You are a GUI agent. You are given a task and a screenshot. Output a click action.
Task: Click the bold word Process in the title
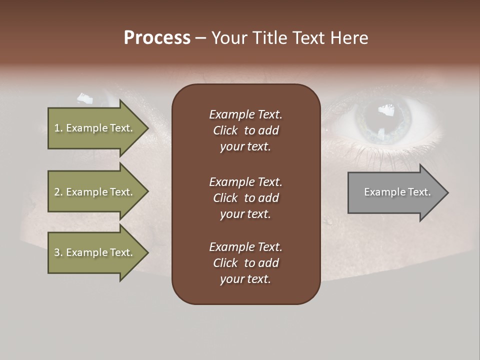point(157,38)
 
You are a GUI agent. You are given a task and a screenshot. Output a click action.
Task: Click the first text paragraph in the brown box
point(245,130)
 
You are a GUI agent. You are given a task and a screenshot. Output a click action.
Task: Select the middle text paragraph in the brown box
point(245,198)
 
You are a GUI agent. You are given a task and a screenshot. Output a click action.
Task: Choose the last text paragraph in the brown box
point(245,263)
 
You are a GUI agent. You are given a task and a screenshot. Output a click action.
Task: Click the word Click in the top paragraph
point(225,130)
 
